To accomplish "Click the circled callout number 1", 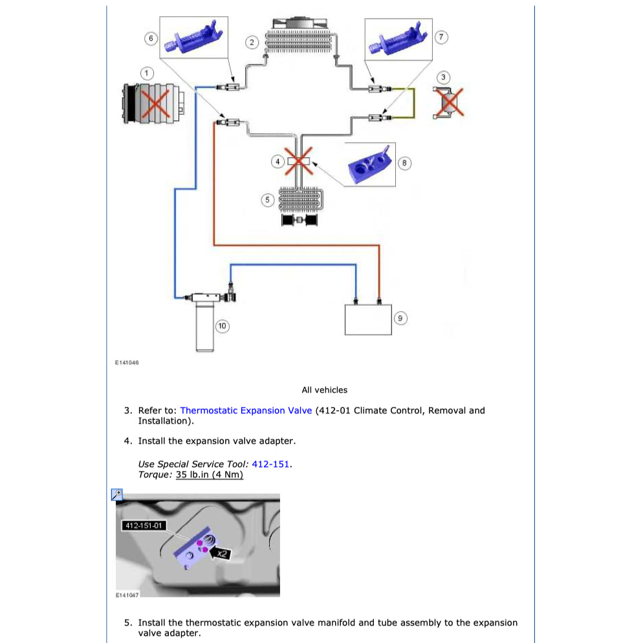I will (148, 72).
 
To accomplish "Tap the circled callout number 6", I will (151, 38).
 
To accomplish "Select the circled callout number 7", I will (441, 37).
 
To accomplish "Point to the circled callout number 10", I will (222, 326).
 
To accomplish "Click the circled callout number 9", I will (400, 318).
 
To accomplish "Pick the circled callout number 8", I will (404, 163).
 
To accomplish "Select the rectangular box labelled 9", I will (368, 319).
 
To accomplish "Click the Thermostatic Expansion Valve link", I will (246, 411).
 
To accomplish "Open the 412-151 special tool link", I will (270, 464).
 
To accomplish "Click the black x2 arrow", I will (220, 553).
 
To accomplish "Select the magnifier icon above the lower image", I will (117, 495).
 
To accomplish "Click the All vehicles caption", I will (324, 390).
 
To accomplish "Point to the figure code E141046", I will (127, 363).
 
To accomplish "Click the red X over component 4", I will (298, 161).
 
